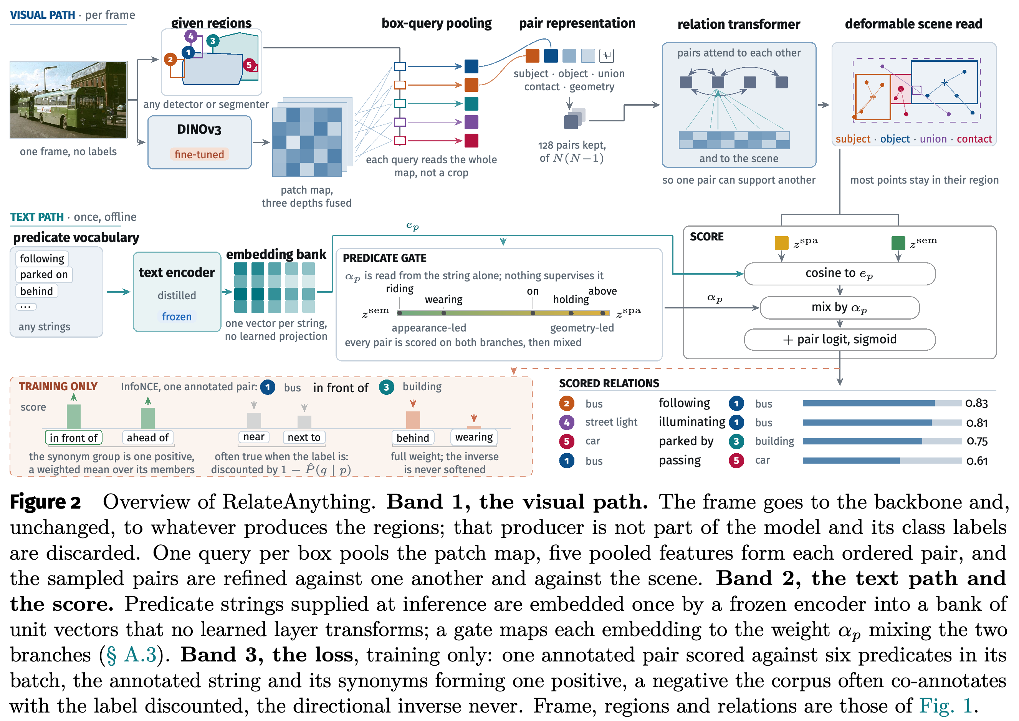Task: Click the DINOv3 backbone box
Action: pyautogui.click(x=199, y=142)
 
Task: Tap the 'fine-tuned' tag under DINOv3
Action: pyautogui.click(x=199, y=154)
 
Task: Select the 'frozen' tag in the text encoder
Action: pyautogui.click(x=177, y=316)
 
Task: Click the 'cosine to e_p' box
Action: pyautogui.click(x=839, y=273)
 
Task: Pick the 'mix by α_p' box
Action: pyautogui.click(x=839, y=307)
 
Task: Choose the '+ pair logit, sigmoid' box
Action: pyautogui.click(x=839, y=340)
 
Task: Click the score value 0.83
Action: pyautogui.click(x=976, y=403)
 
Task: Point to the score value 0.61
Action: pyautogui.click(x=977, y=461)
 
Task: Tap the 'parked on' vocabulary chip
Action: pyautogui.click(x=44, y=274)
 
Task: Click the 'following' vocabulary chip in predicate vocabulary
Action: pyautogui.click(x=42, y=259)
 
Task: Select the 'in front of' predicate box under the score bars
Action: pyautogui.click(x=74, y=438)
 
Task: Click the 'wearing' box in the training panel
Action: pyautogui.click(x=474, y=437)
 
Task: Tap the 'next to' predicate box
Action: pyautogui.click(x=304, y=437)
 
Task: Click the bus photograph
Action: pyautogui.click(x=69, y=100)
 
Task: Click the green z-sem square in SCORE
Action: pyautogui.click(x=898, y=243)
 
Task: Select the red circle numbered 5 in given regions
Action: pyautogui.click(x=249, y=65)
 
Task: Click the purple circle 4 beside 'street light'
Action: pyautogui.click(x=567, y=422)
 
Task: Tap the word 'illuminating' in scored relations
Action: pyautogui.click(x=692, y=422)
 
